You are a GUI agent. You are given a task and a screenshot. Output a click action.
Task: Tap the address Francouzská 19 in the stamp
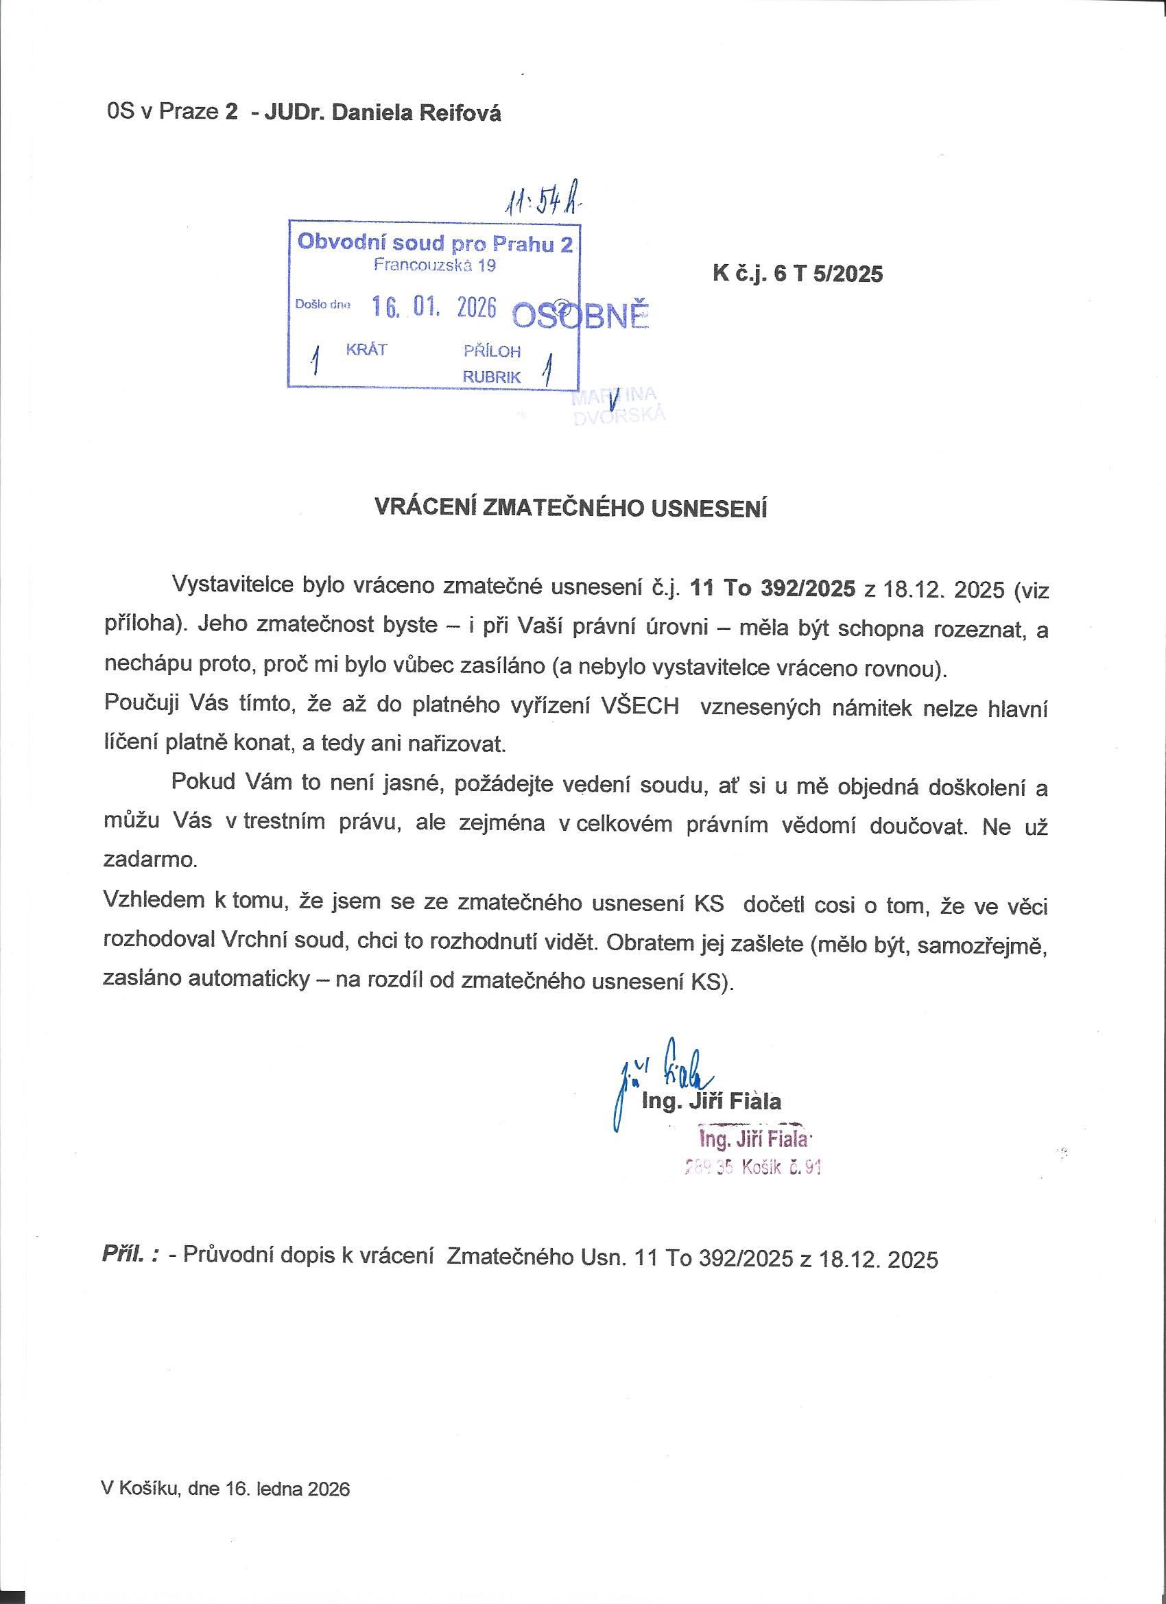[434, 266]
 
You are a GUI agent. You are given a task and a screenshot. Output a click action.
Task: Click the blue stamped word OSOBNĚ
[580, 317]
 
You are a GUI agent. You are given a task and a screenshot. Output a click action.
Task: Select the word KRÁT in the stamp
[366, 349]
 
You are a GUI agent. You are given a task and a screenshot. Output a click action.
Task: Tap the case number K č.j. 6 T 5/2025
[798, 274]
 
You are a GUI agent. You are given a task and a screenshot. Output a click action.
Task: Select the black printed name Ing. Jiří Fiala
[711, 1101]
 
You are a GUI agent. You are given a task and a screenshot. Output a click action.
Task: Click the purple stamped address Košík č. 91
[781, 1168]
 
